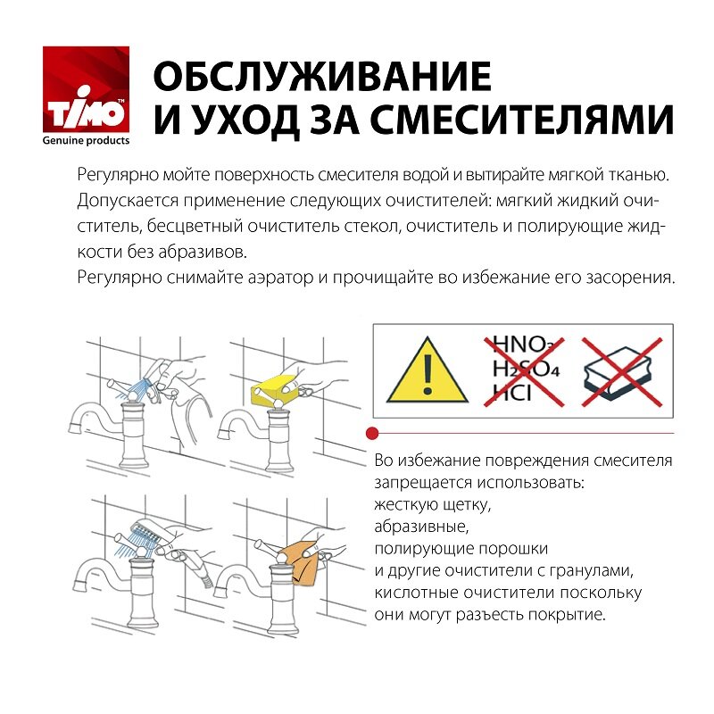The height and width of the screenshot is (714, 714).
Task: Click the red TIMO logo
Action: pos(87,89)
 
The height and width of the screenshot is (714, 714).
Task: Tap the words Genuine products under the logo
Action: pos(87,140)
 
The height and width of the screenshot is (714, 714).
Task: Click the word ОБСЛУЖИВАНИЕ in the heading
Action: pos(322,78)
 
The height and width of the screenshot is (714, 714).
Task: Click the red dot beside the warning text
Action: pos(372,432)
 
